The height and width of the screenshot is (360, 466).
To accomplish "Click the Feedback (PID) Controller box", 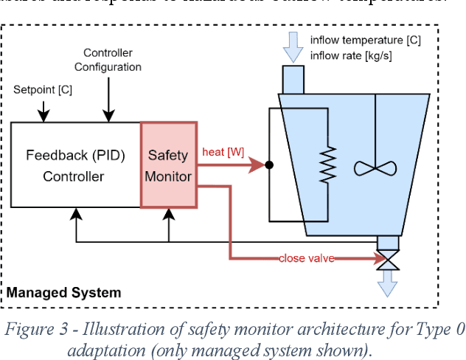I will coord(75,165).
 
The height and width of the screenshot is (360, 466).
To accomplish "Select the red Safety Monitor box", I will coord(168,165).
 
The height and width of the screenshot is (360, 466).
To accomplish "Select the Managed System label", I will coord(64,293).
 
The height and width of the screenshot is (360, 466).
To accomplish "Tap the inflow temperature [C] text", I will coord(365,40).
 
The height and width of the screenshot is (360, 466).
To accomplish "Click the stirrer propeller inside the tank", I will coord(375,167).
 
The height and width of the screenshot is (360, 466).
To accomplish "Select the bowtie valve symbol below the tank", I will coord(387,259).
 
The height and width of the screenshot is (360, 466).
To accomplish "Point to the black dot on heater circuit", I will coord(269,165).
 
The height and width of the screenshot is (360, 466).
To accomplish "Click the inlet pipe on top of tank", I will coord(293,78).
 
